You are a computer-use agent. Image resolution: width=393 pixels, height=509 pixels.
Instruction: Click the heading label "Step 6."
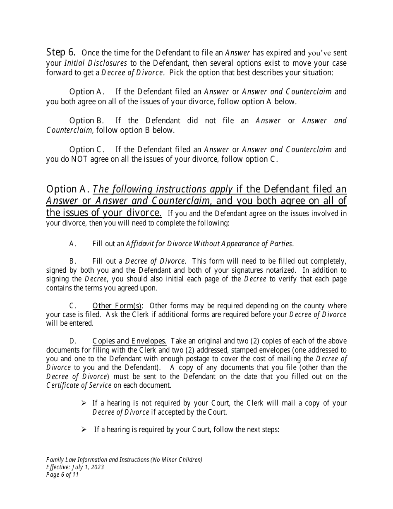coord(61,53)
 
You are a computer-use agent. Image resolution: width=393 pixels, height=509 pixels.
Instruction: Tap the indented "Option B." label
coord(86,121)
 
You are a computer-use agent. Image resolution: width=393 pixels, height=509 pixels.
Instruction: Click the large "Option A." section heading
coord(68,190)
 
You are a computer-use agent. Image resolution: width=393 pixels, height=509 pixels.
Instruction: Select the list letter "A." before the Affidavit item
coord(73,244)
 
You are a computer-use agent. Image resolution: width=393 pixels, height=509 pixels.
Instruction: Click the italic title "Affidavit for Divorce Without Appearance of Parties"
coord(209,244)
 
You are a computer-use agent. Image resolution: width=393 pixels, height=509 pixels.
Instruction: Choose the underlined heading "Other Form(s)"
coord(117,306)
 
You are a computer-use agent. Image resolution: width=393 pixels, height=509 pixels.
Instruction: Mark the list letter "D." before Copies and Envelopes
coord(73,341)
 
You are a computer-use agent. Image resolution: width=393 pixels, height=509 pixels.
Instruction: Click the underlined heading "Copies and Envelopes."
coord(129,341)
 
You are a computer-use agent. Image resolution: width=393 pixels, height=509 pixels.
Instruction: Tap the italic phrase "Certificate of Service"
coord(79,385)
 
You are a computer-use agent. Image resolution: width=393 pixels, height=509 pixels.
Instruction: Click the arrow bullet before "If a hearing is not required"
coord(84,403)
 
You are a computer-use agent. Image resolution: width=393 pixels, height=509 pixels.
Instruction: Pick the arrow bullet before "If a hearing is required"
coord(84,430)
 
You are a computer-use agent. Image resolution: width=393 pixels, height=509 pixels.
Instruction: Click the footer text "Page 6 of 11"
coord(62,475)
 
